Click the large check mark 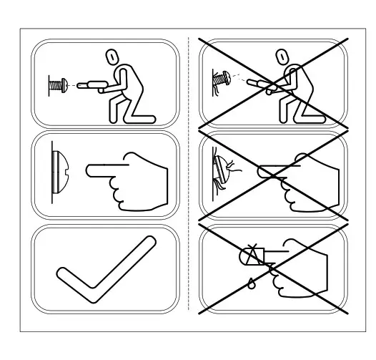pos(107,268)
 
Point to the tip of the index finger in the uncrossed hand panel pos(89,171)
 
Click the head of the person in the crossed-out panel pos(281,57)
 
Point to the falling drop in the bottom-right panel pos(251,281)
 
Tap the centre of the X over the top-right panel pos(273,84)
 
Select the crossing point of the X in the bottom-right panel pos(274,269)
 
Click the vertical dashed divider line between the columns pos(188,179)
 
